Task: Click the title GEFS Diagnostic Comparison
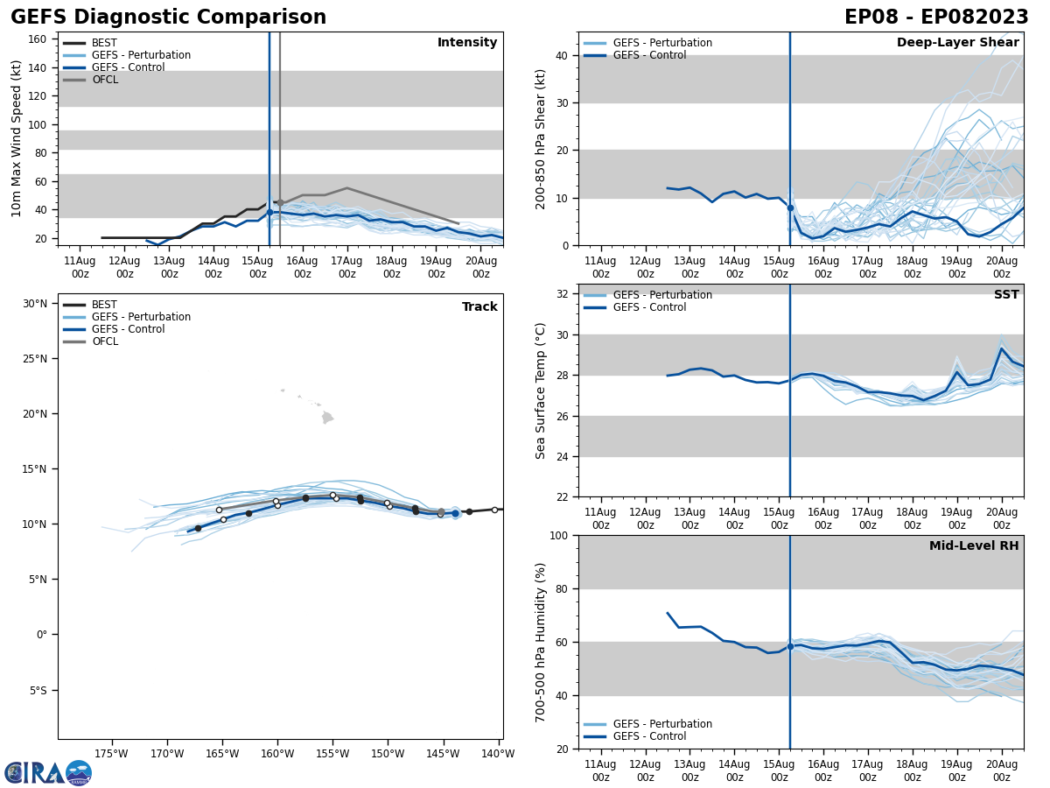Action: tap(168, 18)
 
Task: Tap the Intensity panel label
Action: tap(467, 43)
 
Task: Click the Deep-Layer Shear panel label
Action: tap(957, 43)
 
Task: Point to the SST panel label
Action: tap(1006, 295)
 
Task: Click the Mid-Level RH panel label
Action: tap(974, 546)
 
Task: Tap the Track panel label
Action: tap(479, 306)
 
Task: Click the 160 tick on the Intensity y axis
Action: tap(38, 39)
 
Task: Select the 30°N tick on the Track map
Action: tap(35, 304)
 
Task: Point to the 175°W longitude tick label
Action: tap(111, 753)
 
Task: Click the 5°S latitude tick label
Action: tap(38, 691)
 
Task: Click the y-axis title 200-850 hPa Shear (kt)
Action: tap(542, 138)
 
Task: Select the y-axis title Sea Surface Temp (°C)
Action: tap(542, 390)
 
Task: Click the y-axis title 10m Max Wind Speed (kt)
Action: tap(17, 138)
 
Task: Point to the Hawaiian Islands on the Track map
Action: tap(326, 418)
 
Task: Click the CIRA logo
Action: tap(47, 772)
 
